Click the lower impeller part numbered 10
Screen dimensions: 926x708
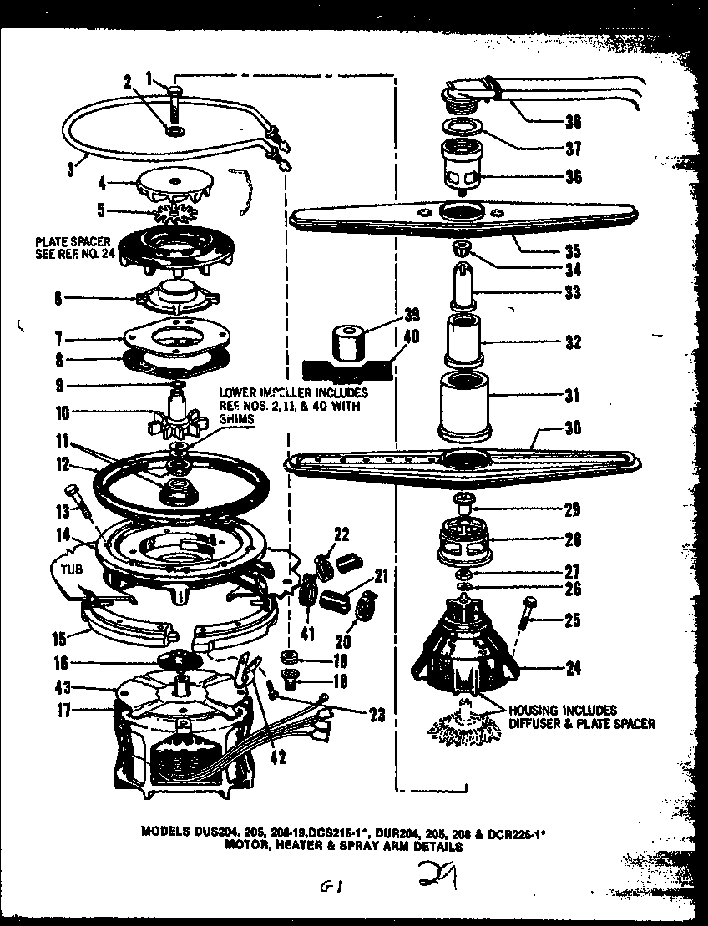click(x=179, y=416)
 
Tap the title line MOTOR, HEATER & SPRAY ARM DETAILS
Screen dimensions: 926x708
click(x=342, y=845)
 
